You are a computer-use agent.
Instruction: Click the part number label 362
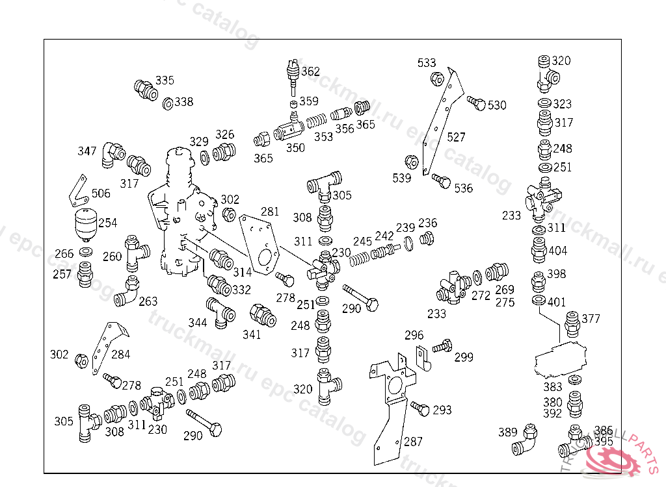point(311,71)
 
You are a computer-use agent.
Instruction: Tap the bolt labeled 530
point(475,103)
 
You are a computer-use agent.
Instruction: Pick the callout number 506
point(101,193)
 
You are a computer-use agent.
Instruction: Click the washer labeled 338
point(166,103)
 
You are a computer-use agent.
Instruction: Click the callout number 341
point(252,334)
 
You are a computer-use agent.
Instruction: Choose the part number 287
point(413,442)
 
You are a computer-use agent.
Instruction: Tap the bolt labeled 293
point(420,408)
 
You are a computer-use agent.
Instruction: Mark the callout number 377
point(591,318)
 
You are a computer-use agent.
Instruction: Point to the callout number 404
point(558,251)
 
